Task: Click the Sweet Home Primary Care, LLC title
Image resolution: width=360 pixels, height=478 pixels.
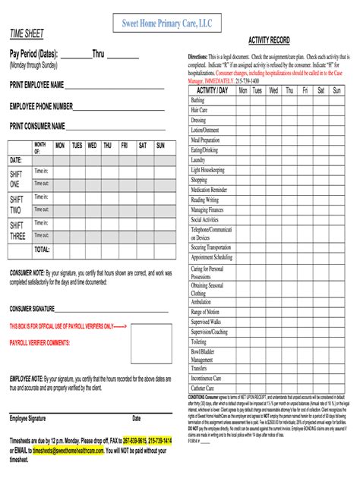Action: tap(167, 24)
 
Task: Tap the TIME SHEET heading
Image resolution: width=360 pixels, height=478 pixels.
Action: tap(27, 35)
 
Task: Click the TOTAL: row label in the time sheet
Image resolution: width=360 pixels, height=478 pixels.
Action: tap(42, 250)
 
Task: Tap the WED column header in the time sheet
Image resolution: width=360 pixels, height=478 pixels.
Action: tap(92, 145)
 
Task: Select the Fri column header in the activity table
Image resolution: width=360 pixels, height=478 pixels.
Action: tap(305, 90)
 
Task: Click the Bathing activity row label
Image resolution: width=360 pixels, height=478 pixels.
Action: tap(198, 100)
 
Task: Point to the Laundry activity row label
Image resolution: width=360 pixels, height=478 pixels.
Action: tap(199, 160)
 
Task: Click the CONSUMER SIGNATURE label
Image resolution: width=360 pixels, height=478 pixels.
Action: tap(32, 310)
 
